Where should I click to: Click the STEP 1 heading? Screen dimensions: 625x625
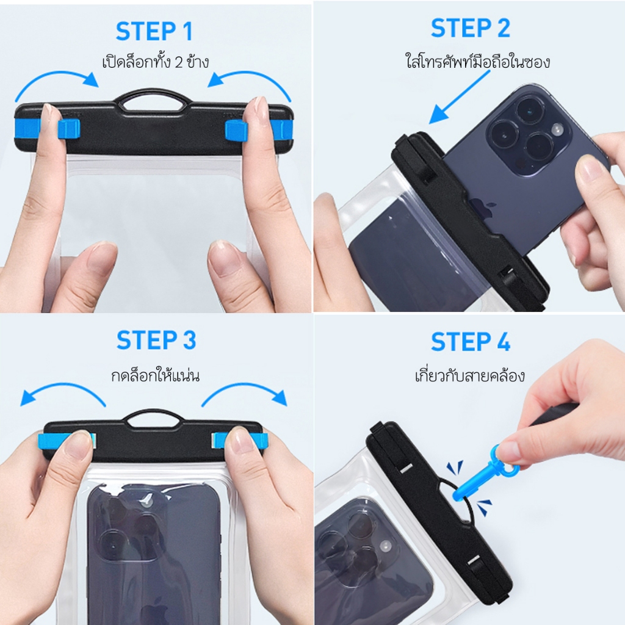pos(154,32)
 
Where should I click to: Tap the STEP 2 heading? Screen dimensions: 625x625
pos(471,28)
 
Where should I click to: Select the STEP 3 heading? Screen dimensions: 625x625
pos(156,341)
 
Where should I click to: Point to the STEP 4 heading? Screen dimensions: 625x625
pos(471,342)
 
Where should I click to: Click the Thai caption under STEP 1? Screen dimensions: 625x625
pos(156,62)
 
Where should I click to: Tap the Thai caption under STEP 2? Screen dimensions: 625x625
pos(478,62)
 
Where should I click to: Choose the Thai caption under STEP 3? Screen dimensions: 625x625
pos(156,375)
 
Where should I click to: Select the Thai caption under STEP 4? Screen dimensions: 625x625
pos(470,375)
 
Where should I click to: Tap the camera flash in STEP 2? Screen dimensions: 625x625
pos(557,129)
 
